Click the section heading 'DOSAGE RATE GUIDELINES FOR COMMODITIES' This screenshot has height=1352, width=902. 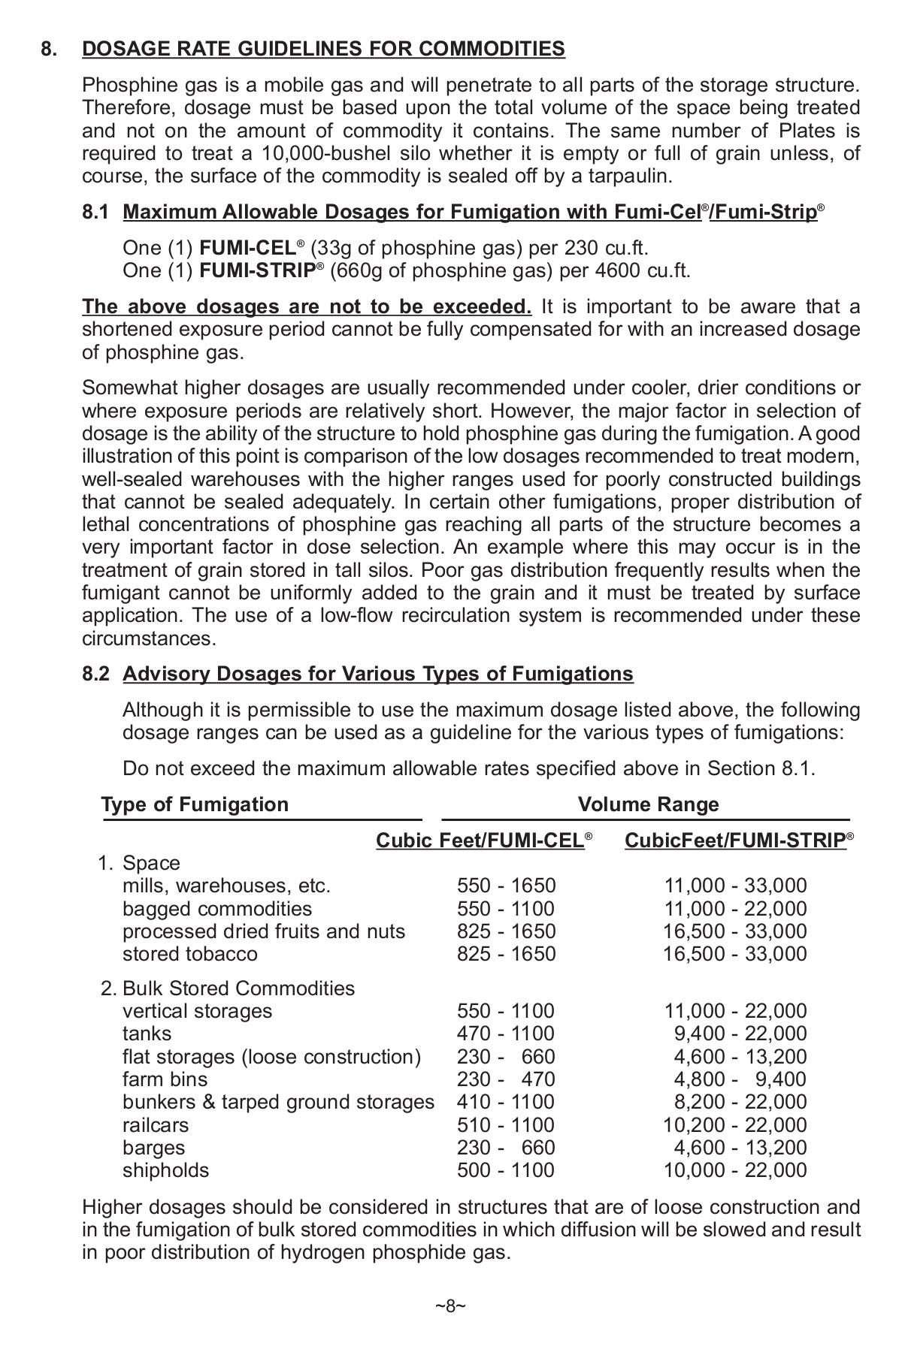(323, 50)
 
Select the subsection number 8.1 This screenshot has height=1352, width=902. (97, 213)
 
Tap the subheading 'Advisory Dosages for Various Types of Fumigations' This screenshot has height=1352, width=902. (378, 674)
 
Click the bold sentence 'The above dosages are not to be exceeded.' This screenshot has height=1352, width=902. (307, 306)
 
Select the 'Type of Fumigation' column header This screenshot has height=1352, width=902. (195, 804)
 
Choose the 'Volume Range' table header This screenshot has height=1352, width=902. (648, 804)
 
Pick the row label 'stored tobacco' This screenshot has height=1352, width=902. (189, 954)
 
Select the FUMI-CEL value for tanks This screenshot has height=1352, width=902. (506, 1034)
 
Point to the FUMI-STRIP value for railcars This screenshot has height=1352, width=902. (734, 1125)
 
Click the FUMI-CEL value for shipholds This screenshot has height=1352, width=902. (506, 1170)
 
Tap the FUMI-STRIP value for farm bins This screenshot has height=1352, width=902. (740, 1079)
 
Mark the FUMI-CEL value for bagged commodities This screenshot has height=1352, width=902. (506, 909)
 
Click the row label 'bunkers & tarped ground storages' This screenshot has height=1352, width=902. (278, 1102)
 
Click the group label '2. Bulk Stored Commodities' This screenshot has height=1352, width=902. (227, 988)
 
